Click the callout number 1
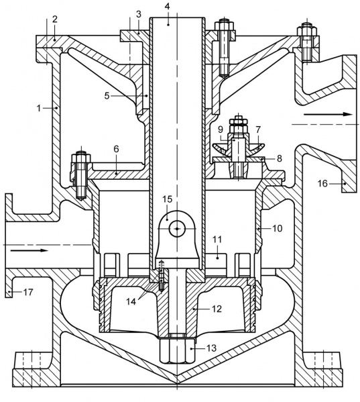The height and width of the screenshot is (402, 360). [x=39, y=108]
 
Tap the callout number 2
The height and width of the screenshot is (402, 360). [x=54, y=19]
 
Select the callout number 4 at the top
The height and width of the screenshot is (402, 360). [x=167, y=6]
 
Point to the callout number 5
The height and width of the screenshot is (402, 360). [x=107, y=95]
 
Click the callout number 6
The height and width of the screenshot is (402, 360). [x=116, y=149]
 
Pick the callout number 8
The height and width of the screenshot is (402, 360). [x=279, y=158]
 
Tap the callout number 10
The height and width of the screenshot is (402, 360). [x=277, y=228]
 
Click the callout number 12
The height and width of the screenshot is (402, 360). [x=217, y=309]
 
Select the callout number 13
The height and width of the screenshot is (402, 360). [x=211, y=348]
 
